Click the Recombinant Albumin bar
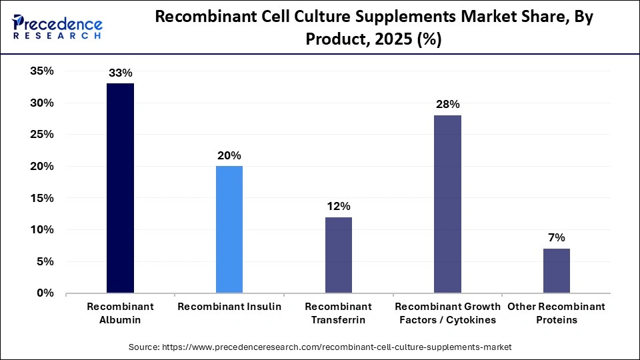point(120,188)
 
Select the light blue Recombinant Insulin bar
point(229,229)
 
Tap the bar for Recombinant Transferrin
point(338,255)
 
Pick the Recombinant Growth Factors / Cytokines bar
point(447,204)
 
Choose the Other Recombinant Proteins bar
point(556,271)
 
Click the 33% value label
point(120,73)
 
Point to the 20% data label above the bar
point(229,155)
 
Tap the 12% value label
point(338,206)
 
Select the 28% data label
point(447,105)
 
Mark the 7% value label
point(556,238)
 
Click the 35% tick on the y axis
point(41,71)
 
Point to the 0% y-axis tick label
point(45,293)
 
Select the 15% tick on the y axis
point(41,198)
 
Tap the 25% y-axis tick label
point(41,135)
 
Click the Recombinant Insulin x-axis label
point(229,307)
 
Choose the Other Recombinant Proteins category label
point(556,313)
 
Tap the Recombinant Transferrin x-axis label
point(338,313)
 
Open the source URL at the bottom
point(320,347)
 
